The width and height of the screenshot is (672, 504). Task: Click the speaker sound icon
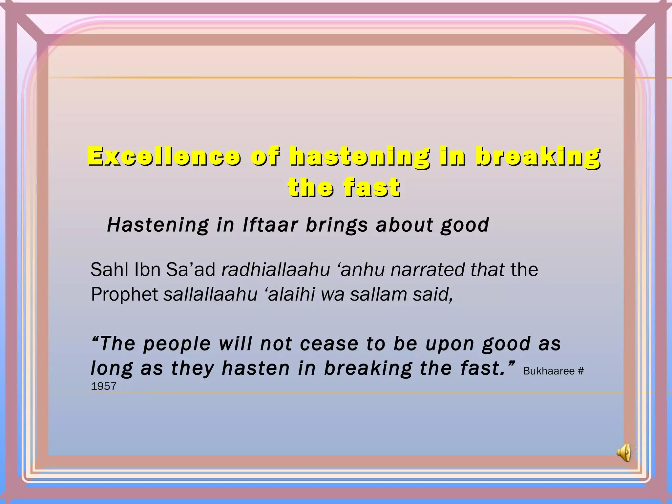[624, 453]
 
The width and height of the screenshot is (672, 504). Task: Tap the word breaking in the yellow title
[538, 157]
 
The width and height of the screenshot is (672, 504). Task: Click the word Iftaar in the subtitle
[270, 225]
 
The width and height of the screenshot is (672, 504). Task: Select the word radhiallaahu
[276, 270]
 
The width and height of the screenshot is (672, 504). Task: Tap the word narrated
[428, 270]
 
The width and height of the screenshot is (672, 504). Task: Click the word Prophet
[125, 294]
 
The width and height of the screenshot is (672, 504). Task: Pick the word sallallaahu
[210, 294]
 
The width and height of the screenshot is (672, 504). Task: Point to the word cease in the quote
[329, 344]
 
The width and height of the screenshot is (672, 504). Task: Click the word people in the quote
[177, 345]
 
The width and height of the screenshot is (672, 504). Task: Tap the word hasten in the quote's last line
[256, 368]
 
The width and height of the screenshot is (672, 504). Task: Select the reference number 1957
[103, 386]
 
